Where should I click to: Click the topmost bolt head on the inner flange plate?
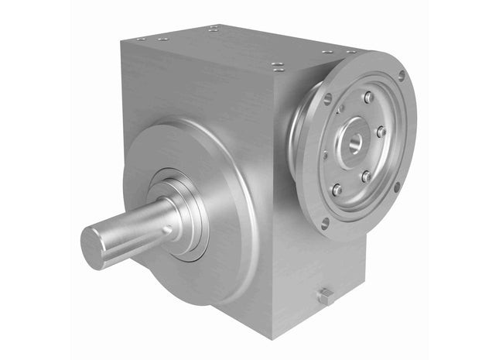[x=368, y=98]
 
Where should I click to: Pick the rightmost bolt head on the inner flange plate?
[x=381, y=132]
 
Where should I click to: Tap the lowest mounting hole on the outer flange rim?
[x=325, y=222]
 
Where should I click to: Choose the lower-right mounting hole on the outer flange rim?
[x=397, y=186]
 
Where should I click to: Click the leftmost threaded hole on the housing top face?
[x=140, y=39]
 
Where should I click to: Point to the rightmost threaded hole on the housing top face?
[x=351, y=51]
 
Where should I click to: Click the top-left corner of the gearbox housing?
[x=122, y=43]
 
